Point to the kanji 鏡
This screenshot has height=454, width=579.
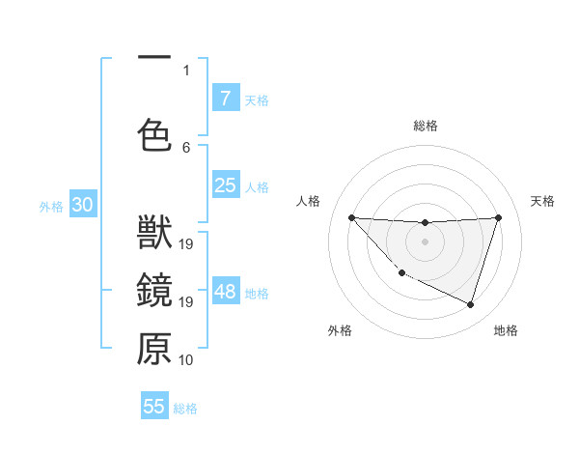[x=154, y=292]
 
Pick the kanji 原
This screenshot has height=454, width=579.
[x=154, y=349]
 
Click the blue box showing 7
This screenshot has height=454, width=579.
[x=225, y=99]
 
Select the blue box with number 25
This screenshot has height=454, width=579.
[x=225, y=185]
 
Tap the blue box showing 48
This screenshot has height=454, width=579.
[x=225, y=292]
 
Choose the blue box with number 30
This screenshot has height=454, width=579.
[x=82, y=205]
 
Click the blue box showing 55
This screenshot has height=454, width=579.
[x=154, y=407]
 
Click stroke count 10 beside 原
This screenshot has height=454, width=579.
[x=186, y=360]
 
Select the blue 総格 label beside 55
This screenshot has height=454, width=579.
[x=185, y=409]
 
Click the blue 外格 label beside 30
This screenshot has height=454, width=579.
[x=51, y=206]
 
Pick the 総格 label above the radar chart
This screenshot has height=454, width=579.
[x=425, y=126]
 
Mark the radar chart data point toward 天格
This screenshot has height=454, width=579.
[x=498, y=217]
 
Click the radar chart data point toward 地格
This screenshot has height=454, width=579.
[x=470, y=304]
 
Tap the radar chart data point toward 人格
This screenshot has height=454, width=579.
[x=351, y=217]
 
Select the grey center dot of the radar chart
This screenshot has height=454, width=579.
[x=425, y=241]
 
